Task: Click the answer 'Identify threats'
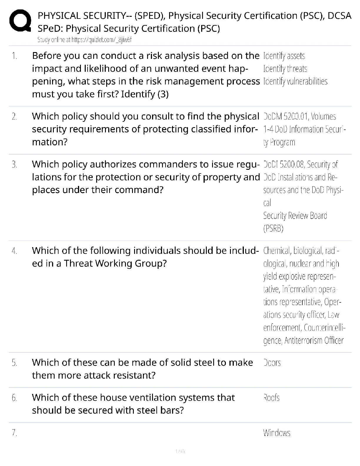(285, 69)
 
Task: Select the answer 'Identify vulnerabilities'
(295, 81)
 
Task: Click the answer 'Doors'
(272, 363)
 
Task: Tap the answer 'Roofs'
(271, 398)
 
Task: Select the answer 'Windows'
(276, 433)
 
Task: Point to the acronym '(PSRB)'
(273, 229)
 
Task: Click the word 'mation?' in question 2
(50, 142)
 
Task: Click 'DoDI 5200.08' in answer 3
(281, 164)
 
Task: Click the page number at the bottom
(180, 451)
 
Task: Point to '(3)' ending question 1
(163, 94)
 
